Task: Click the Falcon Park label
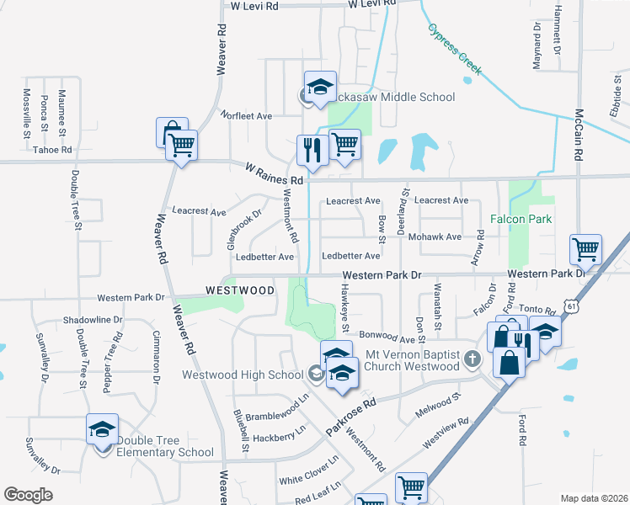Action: coord(521,220)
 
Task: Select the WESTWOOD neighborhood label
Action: coord(240,290)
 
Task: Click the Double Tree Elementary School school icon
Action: coord(103,430)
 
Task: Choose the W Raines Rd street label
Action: coord(274,174)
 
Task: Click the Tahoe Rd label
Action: coord(52,150)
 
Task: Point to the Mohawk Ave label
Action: coord(435,237)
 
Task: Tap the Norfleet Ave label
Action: coord(246,115)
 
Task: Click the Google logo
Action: coord(29,495)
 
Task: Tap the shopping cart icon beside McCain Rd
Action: coord(585,248)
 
